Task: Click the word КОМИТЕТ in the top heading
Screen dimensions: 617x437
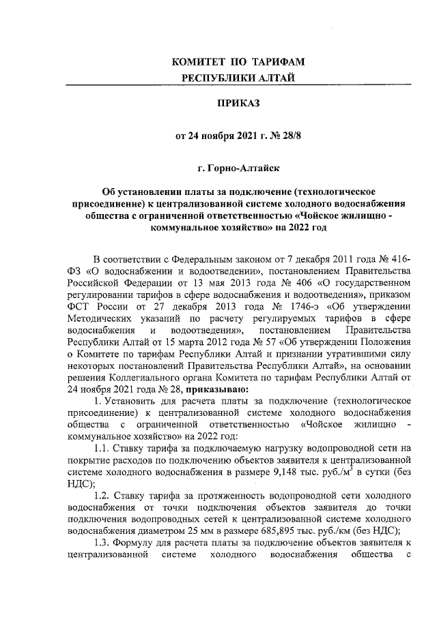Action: pyautogui.click(x=198, y=62)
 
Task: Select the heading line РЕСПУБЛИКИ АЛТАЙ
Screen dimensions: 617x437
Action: pyautogui.click(x=238, y=78)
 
